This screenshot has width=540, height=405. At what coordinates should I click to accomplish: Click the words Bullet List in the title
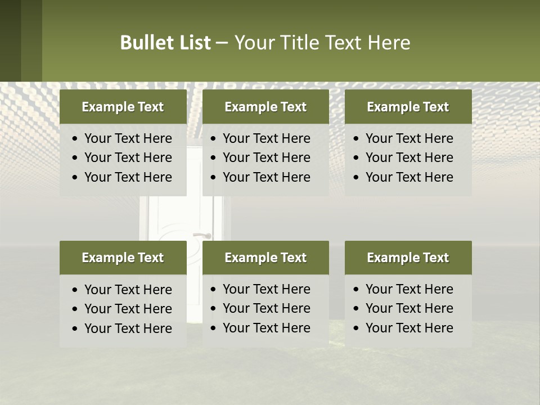(165, 43)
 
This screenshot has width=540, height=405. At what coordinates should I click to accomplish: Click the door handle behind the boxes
(202, 235)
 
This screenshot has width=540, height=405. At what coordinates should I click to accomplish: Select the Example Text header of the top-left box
(123, 107)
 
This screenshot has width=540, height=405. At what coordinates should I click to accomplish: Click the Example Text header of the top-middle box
(265, 107)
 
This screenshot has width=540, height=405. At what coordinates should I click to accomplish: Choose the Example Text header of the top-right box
(408, 107)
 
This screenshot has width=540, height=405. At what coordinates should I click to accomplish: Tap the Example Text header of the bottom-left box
(123, 258)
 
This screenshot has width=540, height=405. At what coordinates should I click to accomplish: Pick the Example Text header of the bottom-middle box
(265, 258)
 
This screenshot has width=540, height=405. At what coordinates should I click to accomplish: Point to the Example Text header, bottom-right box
(408, 258)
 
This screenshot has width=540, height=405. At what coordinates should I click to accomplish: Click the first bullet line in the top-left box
(128, 138)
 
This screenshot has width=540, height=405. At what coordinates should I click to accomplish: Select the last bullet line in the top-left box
(128, 177)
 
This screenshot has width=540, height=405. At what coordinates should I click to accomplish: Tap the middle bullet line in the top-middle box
(266, 157)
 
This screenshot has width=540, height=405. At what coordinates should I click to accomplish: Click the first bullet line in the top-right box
(409, 138)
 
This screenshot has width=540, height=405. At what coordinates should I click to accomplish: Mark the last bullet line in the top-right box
(409, 177)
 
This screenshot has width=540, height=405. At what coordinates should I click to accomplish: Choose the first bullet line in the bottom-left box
(128, 290)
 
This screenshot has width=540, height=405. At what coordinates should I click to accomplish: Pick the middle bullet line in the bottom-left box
(128, 309)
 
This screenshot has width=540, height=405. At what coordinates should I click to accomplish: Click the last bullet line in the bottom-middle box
(266, 328)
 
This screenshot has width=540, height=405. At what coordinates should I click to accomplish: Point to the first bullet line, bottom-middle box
(266, 289)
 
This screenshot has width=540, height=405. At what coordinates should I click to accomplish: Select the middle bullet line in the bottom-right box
(409, 308)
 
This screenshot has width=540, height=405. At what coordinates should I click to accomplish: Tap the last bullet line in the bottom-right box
(409, 328)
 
